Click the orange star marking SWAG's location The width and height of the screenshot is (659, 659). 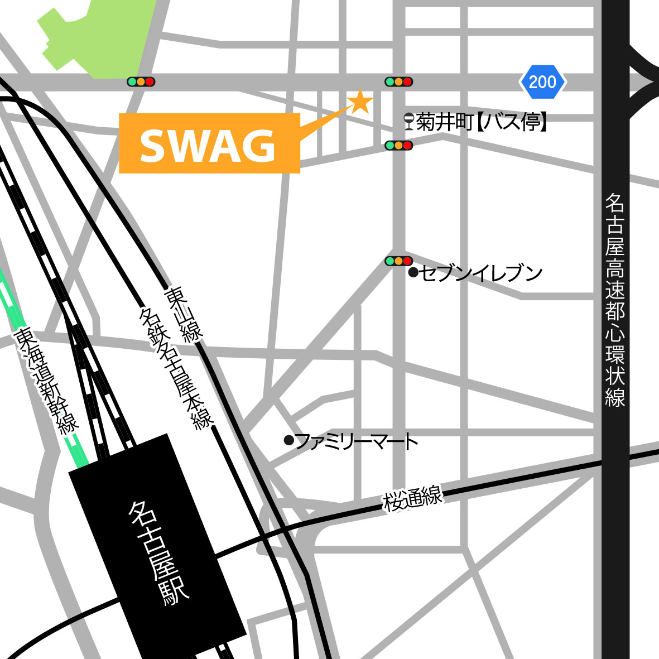coord(360,102)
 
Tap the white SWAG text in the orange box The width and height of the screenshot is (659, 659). coord(208,145)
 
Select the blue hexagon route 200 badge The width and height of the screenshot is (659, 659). coord(542,82)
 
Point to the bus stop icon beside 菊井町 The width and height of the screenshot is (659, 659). coord(410,121)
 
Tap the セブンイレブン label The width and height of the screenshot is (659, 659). coord(481,273)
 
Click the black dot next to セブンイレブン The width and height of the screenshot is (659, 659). coord(413,272)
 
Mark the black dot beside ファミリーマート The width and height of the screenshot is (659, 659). coord(288,440)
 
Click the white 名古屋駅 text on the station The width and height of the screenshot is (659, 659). coord(159,552)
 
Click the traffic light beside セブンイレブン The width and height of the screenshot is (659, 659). coord(398,261)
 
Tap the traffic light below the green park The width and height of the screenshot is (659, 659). coord(141,82)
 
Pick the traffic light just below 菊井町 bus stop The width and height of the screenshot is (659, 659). coord(398,145)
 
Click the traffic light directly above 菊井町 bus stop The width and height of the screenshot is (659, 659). coord(398,81)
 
